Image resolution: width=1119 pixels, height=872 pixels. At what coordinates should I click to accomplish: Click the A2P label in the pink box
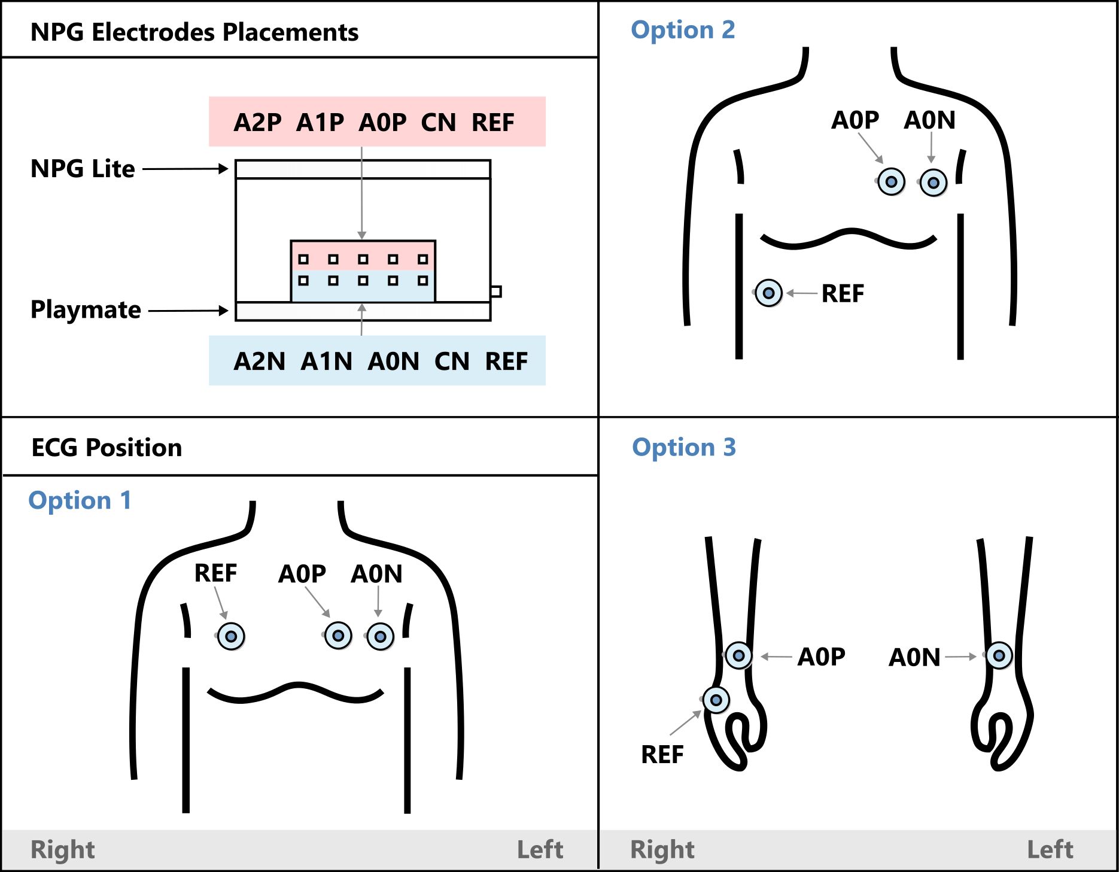pyautogui.click(x=257, y=123)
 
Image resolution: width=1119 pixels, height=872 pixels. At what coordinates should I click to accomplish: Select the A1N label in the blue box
pyautogui.click(x=326, y=361)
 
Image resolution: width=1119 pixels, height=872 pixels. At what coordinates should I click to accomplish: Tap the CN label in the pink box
pyautogui.click(x=438, y=123)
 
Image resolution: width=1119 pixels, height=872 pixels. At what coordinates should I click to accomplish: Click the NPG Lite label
pyautogui.click(x=83, y=169)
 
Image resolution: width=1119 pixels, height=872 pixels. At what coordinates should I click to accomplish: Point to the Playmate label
pyautogui.click(x=86, y=310)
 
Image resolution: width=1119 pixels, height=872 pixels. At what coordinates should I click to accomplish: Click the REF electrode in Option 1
pyautogui.click(x=231, y=636)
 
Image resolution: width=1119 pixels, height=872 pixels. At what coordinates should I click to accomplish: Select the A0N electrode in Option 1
pyautogui.click(x=380, y=636)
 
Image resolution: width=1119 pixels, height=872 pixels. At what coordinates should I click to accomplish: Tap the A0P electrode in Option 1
pyautogui.click(x=338, y=635)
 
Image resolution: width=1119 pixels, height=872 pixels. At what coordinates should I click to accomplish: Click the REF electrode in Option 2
pyautogui.click(x=768, y=293)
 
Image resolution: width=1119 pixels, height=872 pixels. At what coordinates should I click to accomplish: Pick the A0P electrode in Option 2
pyautogui.click(x=891, y=181)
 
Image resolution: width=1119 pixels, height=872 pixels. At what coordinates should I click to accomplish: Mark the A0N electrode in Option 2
pyautogui.click(x=933, y=183)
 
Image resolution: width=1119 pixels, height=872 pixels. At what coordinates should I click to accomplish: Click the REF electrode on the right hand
pyautogui.click(x=716, y=700)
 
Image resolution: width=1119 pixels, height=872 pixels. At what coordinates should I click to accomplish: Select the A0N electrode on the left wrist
pyautogui.click(x=999, y=655)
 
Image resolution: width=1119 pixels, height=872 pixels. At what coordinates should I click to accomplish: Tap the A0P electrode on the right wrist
pyautogui.click(x=738, y=655)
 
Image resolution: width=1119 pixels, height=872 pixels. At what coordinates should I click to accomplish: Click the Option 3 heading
pyautogui.click(x=683, y=447)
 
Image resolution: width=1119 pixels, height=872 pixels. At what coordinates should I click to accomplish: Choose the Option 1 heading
pyautogui.click(x=80, y=500)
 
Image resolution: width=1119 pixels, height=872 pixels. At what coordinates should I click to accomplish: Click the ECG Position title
pyautogui.click(x=107, y=448)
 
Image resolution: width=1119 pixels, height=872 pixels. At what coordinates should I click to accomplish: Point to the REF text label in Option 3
pyautogui.click(x=662, y=755)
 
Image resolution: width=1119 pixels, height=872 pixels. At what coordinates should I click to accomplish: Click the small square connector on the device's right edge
pyautogui.click(x=496, y=291)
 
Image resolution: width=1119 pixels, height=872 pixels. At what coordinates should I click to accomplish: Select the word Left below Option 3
pyautogui.click(x=1050, y=850)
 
